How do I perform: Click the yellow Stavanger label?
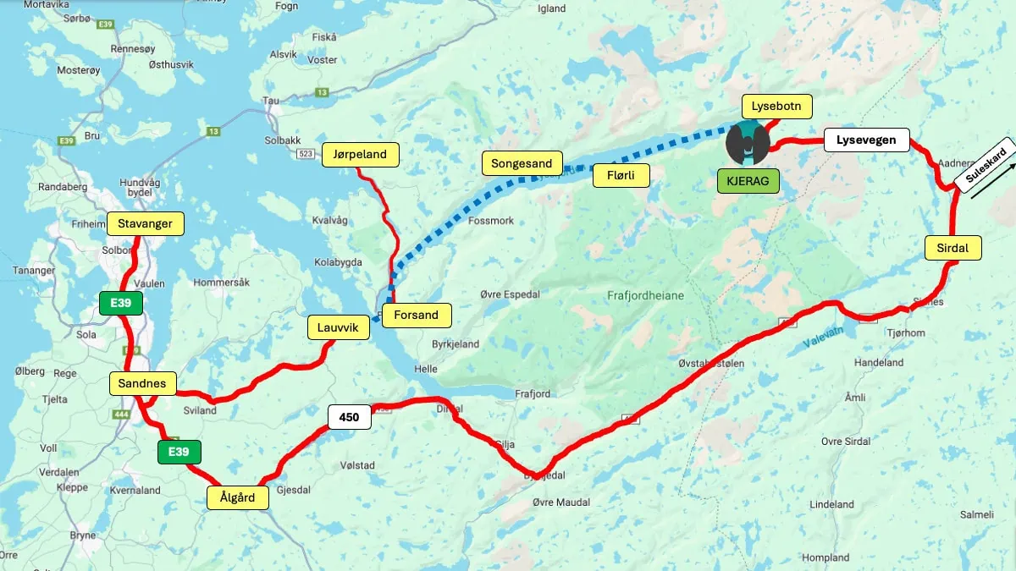click(x=145, y=224)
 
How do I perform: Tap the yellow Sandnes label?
click(x=141, y=384)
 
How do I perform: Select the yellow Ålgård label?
click(x=238, y=498)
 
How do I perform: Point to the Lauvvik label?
click(x=338, y=327)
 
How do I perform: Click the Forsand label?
click(x=417, y=316)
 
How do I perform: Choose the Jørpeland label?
click(x=360, y=154)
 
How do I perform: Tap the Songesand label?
click(x=522, y=163)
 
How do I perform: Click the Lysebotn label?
click(x=776, y=107)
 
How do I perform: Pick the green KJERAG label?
click(x=748, y=181)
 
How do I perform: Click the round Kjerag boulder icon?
click(x=748, y=142)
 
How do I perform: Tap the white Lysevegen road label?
click(x=866, y=140)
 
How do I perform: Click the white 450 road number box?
click(x=349, y=417)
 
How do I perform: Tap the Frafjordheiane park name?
click(x=645, y=296)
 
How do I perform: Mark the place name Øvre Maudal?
click(x=560, y=502)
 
